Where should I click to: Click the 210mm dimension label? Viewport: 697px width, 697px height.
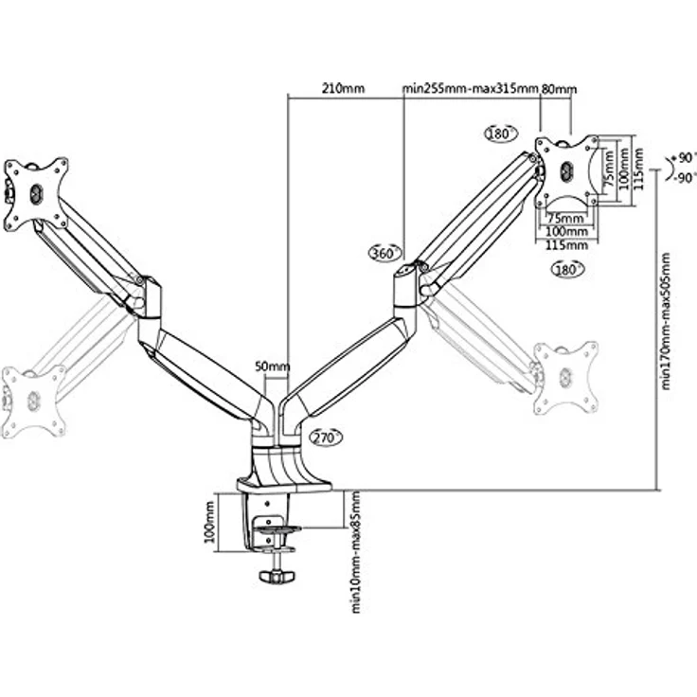click(x=343, y=88)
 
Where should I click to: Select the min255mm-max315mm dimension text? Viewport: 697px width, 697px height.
click(x=471, y=88)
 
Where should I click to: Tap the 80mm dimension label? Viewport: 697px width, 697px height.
click(x=559, y=89)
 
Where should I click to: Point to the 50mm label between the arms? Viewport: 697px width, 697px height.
click(x=272, y=366)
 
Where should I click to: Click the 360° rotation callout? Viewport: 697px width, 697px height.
click(x=384, y=253)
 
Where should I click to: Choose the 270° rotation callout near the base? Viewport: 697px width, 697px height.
click(x=326, y=438)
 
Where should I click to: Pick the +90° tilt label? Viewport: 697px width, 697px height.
click(x=684, y=158)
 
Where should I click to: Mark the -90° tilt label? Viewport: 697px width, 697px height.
click(x=684, y=178)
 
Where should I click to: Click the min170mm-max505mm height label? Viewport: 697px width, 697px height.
click(x=666, y=321)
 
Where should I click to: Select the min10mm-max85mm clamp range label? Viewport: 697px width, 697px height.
click(x=356, y=552)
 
